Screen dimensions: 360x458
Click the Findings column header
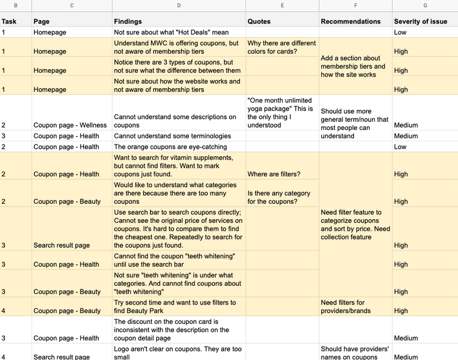128,21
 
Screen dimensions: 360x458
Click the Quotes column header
259,21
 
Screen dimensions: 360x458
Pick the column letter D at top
179,6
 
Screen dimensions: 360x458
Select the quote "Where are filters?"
273,174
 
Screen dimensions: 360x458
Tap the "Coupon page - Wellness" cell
70,125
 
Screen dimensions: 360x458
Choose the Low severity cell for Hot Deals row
400,33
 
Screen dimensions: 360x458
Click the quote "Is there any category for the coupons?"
279,197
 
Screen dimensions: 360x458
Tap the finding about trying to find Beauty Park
175,307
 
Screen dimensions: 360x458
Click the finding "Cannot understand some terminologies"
172,136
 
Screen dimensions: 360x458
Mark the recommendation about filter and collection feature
355,224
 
